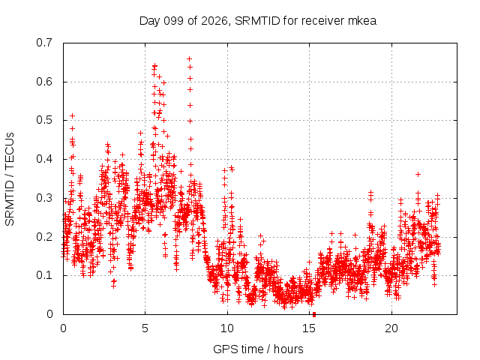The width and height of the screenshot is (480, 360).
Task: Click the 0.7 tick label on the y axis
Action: (44, 43)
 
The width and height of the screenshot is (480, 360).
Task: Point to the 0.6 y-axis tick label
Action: (44, 82)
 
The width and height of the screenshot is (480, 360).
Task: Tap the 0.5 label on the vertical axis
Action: (44, 120)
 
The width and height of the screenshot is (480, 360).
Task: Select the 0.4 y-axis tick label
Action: (44, 159)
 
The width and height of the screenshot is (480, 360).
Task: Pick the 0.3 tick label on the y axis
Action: (44, 198)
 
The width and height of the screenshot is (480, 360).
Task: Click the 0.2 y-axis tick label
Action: (44, 237)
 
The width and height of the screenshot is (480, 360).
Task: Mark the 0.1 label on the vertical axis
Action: (44, 275)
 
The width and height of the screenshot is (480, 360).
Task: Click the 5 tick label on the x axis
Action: (145, 328)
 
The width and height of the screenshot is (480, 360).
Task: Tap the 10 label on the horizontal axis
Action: (226, 328)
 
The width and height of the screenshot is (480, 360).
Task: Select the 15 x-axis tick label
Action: (309, 328)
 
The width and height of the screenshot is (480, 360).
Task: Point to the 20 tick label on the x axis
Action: (391, 328)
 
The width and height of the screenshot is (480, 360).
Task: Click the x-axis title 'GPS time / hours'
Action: (258, 349)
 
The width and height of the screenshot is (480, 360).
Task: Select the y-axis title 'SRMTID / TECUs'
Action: (10, 179)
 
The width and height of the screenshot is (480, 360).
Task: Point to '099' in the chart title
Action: (173, 21)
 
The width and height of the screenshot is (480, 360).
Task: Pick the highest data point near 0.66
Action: (190, 58)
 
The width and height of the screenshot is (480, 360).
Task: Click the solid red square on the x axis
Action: (314, 315)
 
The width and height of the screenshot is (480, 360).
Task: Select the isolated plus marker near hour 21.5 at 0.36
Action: (418, 175)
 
